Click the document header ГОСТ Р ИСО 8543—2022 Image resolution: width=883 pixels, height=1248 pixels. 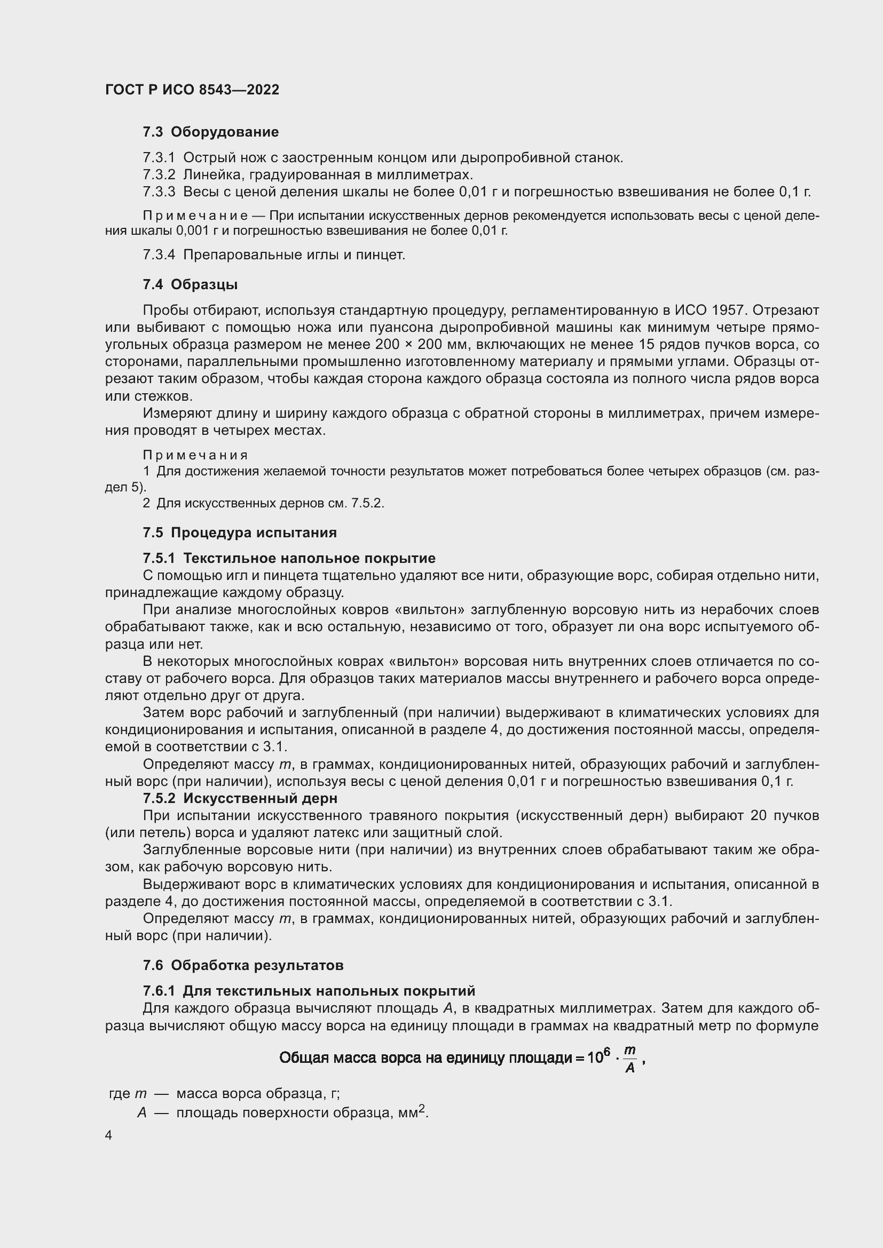pos(192,90)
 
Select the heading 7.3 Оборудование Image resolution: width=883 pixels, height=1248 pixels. pos(210,132)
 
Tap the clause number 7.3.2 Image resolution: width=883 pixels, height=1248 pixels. pos(159,175)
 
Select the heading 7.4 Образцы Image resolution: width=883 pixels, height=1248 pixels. pos(190,285)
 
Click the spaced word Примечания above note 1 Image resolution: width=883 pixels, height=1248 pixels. pos(195,455)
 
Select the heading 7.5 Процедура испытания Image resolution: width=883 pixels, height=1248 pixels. pos(239,532)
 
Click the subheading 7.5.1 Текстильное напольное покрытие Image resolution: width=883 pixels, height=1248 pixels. pos(289,558)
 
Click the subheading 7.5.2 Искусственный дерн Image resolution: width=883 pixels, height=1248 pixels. pos(240,799)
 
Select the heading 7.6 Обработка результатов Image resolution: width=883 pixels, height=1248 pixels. pos(243,965)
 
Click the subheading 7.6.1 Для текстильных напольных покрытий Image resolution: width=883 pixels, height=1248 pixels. pos(308,991)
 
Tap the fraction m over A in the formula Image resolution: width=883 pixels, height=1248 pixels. pos(629,1060)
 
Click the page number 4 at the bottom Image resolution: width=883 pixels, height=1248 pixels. pos(109,1135)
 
